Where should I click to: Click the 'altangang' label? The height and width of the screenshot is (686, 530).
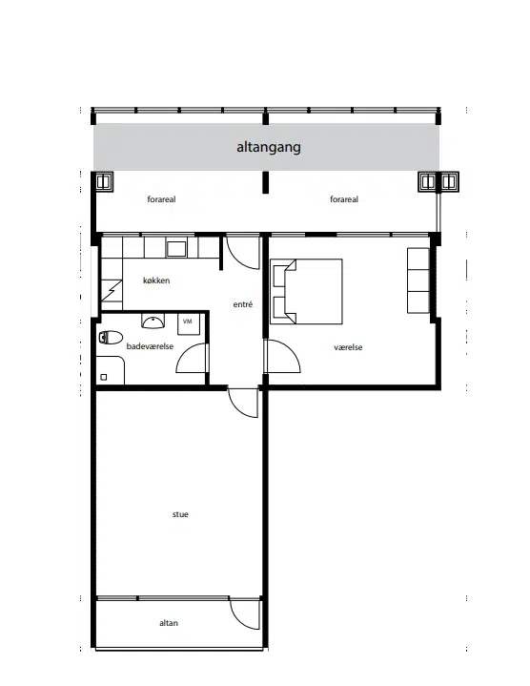pos(269,147)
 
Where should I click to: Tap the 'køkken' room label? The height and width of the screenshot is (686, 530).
pos(156,281)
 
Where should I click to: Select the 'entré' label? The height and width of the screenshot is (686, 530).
pos(243,304)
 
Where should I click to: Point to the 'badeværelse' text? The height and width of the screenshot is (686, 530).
pos(150,346)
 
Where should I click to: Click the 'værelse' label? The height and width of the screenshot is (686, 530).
pos(348,347)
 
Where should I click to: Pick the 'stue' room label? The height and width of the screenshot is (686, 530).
pos(180,514)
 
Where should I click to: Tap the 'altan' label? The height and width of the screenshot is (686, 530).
pos(169,623)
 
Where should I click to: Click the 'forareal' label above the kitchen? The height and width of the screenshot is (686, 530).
pos(161,199)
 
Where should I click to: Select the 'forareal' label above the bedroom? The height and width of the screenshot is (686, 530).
pos(344,199)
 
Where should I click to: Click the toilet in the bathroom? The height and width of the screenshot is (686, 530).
pos(111,338)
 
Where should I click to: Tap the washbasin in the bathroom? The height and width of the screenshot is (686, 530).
pos(153,322)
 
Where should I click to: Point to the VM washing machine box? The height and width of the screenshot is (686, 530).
pos(189,323)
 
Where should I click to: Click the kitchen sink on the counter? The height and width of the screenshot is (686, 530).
pos(176,248)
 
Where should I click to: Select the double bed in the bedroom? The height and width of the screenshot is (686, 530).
pos(306,291)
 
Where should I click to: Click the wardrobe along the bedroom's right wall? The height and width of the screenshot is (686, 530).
pos(418,281)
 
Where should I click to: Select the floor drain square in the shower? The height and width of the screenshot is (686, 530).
pos(104,377)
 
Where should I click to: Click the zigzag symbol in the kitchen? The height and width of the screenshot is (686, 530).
pos(112,290)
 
